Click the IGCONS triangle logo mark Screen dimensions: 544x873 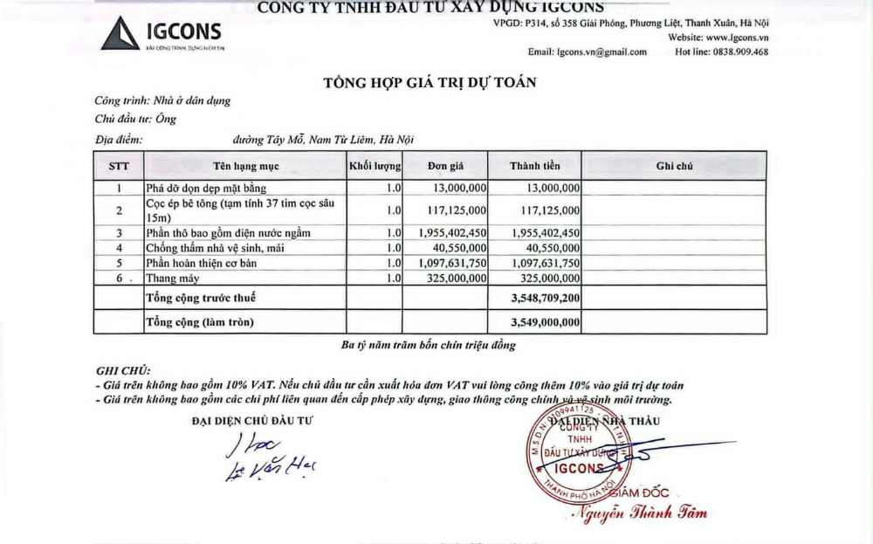121,34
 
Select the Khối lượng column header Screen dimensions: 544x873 375,165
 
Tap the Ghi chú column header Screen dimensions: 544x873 674,165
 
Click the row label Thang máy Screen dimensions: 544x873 173,279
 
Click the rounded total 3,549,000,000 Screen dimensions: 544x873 544,322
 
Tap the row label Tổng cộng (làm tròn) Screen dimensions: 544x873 200,322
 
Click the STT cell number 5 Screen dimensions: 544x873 119,263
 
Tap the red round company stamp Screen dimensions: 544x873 574,453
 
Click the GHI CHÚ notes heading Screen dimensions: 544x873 122,370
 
